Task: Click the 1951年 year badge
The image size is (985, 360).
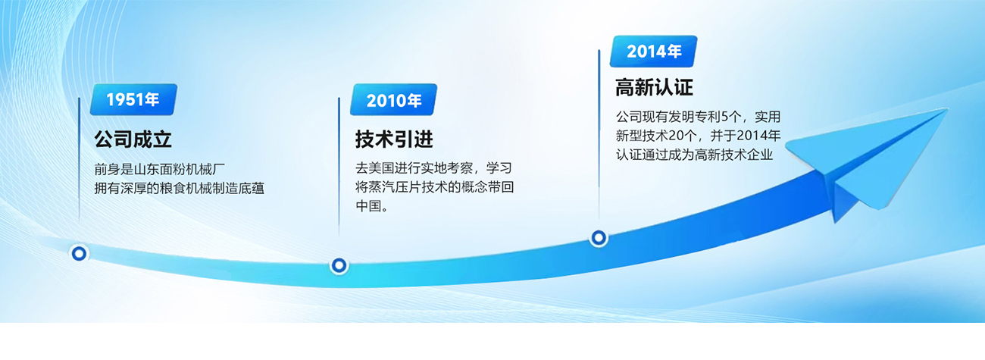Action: pyautogui.click(x=133, y=99)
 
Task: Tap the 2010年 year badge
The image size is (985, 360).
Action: pyautogui.click(x=393, y=100)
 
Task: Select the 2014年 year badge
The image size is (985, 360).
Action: pyautogui.click(x=654, y=52)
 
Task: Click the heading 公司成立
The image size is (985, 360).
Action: pyautogui.click(x=133, y=139)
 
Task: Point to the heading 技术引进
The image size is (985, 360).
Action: pyautogui.click(x=394, y=139)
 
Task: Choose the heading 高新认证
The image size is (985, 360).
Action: pyautogui.click(x=654, y=88)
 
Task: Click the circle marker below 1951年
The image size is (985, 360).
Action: pyautogui.click(x=78, y=253)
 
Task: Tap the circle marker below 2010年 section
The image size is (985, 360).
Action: pyautogui.click(x=339, y=265)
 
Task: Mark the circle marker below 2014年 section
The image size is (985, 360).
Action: pyautogui.click(x=599, y=238)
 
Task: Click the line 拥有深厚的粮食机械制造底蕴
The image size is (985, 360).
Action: pyautogui.click(x=179, y=188)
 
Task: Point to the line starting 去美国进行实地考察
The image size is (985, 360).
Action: pyautogui.click(x=439, y=168)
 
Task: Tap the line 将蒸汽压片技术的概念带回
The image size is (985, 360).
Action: pyautogui.click(x=439, y=187)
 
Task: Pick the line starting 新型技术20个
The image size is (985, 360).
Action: pyautogui.click(x=697, y=136)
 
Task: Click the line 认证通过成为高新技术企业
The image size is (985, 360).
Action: pyautogui.click(x=694, y=155)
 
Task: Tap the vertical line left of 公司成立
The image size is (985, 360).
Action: pyautogui.click(x=79, y=159)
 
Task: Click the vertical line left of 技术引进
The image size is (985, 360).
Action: pyautogui.click(x=339, y=163)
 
